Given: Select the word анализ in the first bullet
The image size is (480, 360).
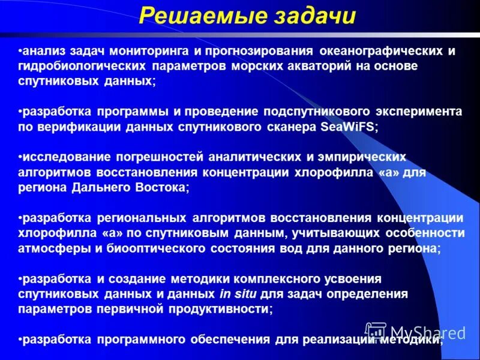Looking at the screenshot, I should coord(42,52).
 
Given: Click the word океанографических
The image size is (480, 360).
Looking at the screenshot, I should coord(379,52).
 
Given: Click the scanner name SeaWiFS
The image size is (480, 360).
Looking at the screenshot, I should coord(346,127).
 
